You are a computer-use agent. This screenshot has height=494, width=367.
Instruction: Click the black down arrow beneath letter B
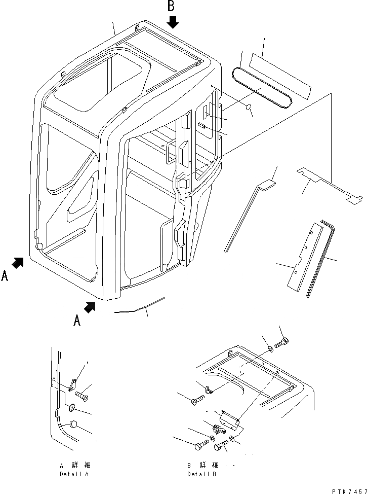pos(173,22)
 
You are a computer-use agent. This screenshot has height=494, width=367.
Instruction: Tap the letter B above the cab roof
pos(172,6)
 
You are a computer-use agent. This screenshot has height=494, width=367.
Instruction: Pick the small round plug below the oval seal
pos(249,107)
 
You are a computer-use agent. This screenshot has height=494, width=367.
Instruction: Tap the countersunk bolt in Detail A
pos(81,394)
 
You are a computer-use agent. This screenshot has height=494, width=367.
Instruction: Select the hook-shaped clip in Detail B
pos(208,389)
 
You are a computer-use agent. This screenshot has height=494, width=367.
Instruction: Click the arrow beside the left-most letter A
pos(18,262)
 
